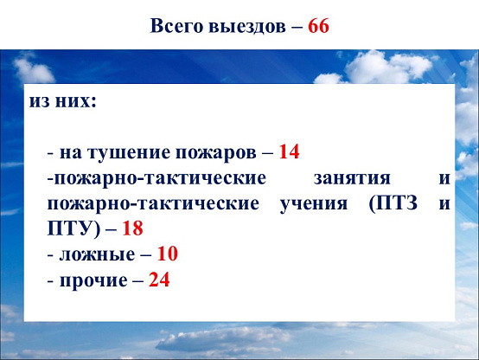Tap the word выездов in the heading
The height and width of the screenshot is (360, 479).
(x=247, y=26)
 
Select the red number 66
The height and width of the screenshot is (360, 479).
(x=318, y=26)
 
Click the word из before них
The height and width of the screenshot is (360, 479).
(x=39, y=101)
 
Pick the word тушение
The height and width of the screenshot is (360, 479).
(x=128, y=152)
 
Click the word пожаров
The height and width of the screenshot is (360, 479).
(x=215, y=153)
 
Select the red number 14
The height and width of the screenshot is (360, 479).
(x=289, y=151)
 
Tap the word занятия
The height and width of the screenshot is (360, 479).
(x=352, y=178)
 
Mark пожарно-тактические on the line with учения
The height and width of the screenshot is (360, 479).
(x=153, y=204)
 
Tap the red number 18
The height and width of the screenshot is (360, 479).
(x=132, y=228)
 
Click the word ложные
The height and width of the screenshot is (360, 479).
(x=97, y=254)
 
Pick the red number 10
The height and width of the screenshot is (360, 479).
(x=167, y=254)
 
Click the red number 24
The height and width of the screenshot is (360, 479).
(x=159, y=280)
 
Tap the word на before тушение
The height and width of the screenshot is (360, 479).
(x=71, y=153)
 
